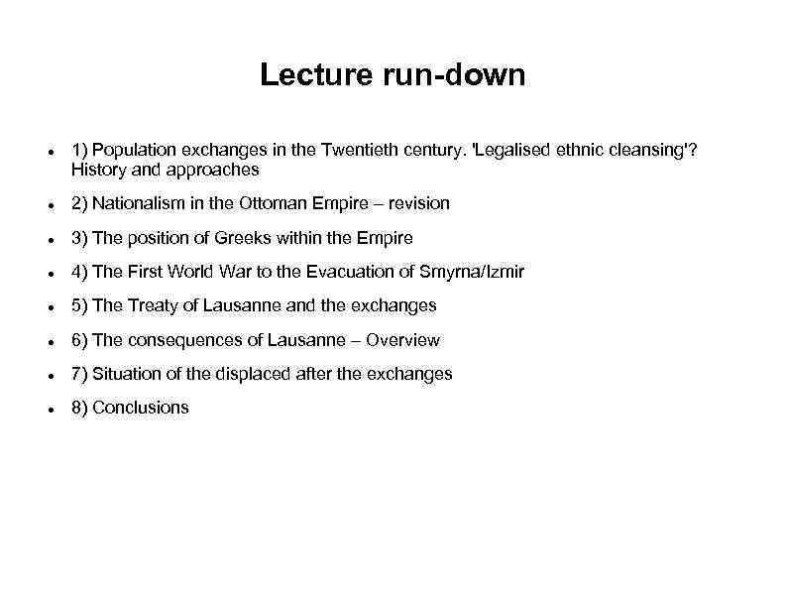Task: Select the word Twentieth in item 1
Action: (x=361, y=150)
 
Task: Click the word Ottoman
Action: (x=276, y=203)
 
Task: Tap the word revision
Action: (x=418, y=203)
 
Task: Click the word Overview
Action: (x=402, y=340)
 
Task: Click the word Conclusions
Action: (x=140, y=408)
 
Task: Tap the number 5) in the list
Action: (x=79, y=305)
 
